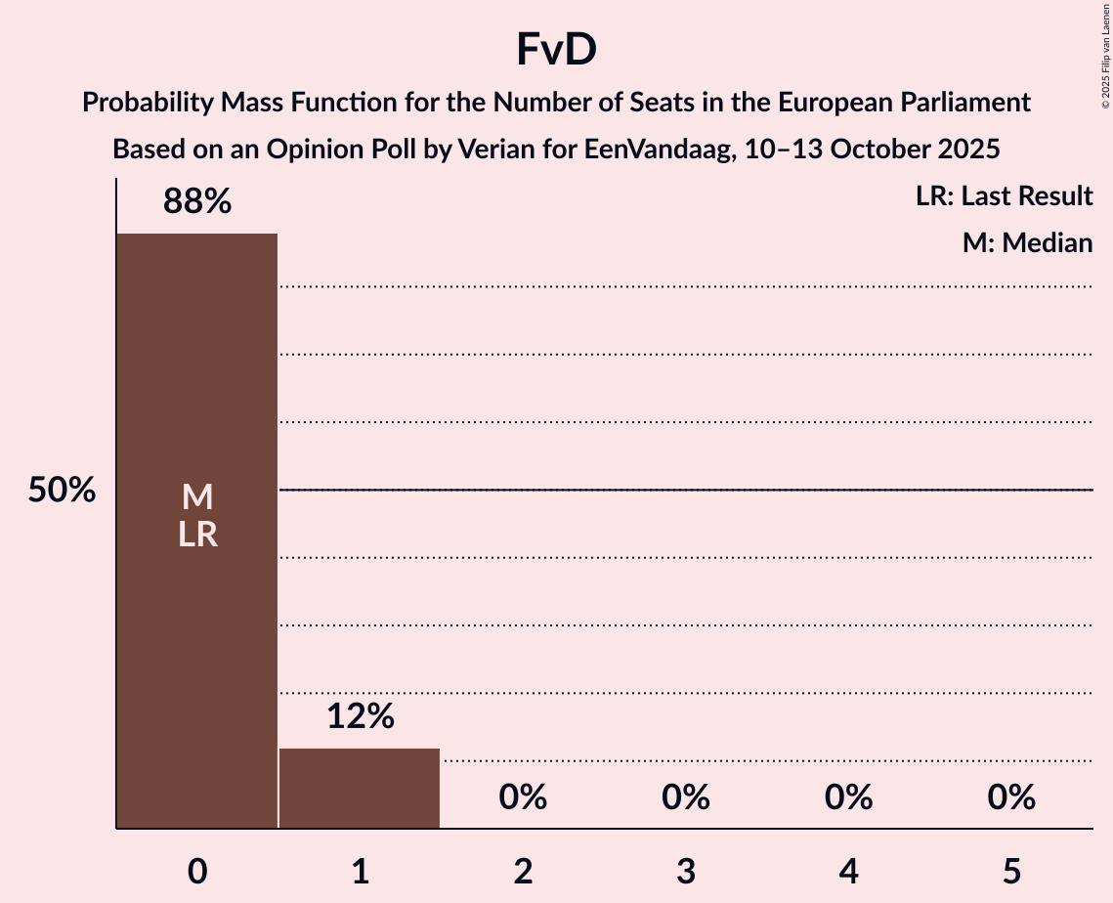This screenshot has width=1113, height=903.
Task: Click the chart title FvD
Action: point(556,51)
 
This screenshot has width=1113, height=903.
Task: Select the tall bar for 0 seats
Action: point(197,635)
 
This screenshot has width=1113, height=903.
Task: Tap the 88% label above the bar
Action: point(197,202)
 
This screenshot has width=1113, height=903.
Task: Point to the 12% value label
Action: point(360,717)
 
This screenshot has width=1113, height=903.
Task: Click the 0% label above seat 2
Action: point(523,798)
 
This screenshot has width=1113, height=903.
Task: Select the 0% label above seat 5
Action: point(1011,798)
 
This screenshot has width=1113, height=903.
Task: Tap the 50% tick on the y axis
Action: point(62,491)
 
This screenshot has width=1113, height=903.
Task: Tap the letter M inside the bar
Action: point(197,497)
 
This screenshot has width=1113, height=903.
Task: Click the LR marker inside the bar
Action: point(197,535)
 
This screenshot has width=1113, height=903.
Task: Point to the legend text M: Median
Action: point(1027,242)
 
